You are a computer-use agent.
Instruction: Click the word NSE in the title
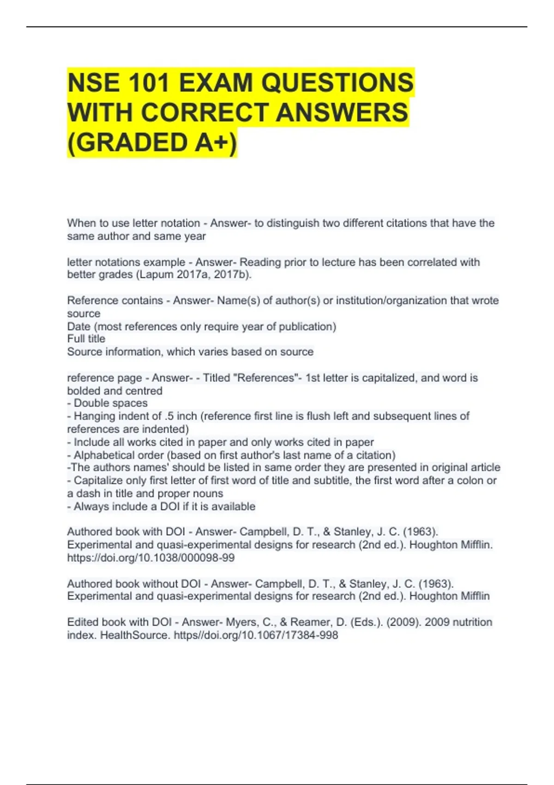point(94,83)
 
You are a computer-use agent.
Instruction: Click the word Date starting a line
point(78,326)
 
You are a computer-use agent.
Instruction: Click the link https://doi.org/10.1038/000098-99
point(151,558)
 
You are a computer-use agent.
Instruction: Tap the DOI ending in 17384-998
point(256,635)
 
